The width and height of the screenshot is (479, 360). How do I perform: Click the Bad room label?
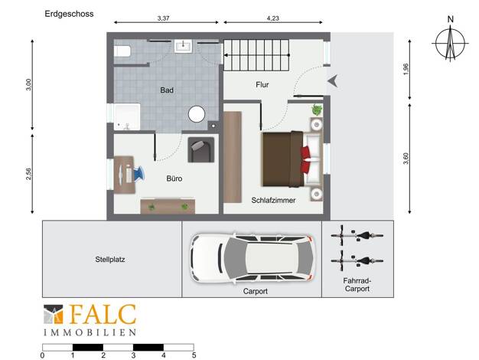[167, 90]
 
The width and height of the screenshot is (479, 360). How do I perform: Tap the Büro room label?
[174, 178]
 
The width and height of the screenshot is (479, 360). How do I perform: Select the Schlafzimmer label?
[273, 201]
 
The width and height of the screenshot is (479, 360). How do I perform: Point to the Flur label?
[262, 85]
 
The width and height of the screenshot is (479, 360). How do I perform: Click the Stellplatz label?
[110, 260]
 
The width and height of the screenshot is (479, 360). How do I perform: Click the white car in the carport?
[251, 258]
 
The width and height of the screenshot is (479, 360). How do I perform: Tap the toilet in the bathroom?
[122, 51]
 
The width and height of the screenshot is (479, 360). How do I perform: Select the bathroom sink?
[184, 46]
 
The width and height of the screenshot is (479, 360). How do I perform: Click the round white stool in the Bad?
[197, 114]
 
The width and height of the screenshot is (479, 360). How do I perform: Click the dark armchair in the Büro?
[201, 149]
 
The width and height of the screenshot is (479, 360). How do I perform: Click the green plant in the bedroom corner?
[317, 110]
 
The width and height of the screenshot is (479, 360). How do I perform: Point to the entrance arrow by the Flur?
[333, 81]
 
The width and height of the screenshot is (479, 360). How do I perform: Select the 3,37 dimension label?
[164, 18]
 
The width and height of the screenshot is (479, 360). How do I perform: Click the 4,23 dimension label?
[273, 18]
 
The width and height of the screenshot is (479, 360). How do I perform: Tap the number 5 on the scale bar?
[194, 355]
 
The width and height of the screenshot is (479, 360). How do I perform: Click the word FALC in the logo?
[103, 315]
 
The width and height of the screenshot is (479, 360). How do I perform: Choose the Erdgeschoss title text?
[69, 14]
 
